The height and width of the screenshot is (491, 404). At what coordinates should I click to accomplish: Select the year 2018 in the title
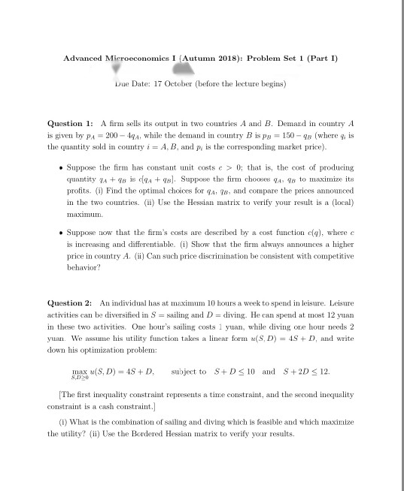pyautogui.click(x=208, y=58)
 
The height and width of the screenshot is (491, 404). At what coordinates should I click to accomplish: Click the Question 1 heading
pyautogui.click(x=70, y=122)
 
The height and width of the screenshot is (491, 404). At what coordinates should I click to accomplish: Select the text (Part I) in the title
pyautogui.click(x=316, y=58)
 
